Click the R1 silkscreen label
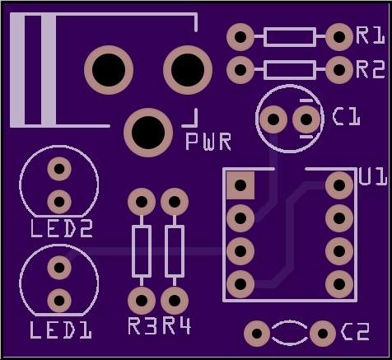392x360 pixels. pyautogui.click(x=371, y=35)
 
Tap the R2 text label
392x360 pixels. pyautogui.click(x=371, y=70)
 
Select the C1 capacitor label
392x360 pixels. pyautogui.click(x=346, y=116)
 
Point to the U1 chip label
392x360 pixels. pyautogui.click(x=373, y=176)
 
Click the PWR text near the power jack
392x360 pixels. pyautogui.click(x=208, y=142)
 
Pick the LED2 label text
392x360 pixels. pyautogui.click(x=62, y=228)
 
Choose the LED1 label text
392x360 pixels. pyautogui.click(x=61, y=330)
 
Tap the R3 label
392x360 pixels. pyautogui.click(x=142, y=326)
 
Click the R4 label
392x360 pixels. pyautogui.click(x=176, y=326)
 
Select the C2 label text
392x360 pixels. pyautogui.click(x=355, y=331)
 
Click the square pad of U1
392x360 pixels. pyautogui.click(x=240, y=185)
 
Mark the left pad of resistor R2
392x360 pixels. pyautogui.click(x=240, y=70)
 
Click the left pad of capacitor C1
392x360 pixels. pyautogui.click(x=273, y=119)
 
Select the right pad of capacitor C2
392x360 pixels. pyautogui.click(x=323, y=334)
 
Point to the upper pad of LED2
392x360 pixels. pyautogui.click(x=59, y=169)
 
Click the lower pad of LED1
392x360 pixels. pyautogui.click(x=59, y=301)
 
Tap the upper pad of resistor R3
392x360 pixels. pyautogui.click(x=142, y=202)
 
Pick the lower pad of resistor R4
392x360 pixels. pyautogui.click(x=175, y=301)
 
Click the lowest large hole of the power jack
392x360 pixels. pyautogui.click(x=148, y=133)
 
